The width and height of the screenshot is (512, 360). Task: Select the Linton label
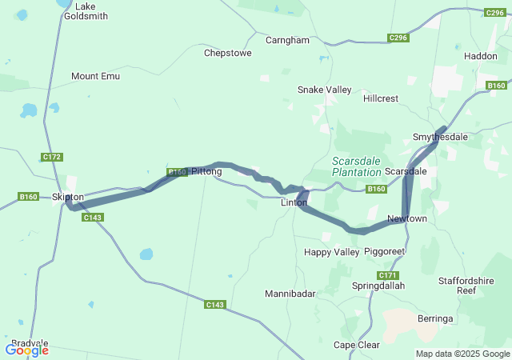point(294,203)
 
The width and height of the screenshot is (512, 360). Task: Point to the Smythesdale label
point(440,137)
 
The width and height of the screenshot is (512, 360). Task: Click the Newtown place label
point(406,218)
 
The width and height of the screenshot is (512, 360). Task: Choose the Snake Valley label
point(324,90)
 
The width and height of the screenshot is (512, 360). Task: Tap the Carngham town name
point(287,39)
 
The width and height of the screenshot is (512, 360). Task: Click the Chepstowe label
point(228,53)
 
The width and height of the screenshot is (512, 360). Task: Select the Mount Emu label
point(95,76)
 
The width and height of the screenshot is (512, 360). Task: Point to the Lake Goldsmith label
point(80,10)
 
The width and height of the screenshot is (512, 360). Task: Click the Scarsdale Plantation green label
point(356,166)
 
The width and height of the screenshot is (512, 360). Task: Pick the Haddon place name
point(480,56)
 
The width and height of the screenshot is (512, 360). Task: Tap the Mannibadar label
point(290,294)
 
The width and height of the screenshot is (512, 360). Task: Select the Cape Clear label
point(357,345)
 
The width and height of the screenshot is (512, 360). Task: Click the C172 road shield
point(52,157)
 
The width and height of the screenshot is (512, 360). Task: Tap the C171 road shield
point(388,275)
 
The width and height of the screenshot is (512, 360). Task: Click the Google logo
point(26,350)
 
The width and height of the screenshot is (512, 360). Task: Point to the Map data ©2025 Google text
point(462,354)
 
